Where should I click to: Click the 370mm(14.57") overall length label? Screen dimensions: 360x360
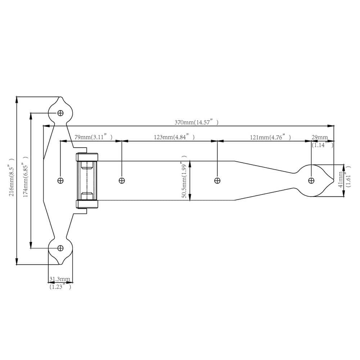(196, 122)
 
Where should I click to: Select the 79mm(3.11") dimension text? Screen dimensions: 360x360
(93, 137)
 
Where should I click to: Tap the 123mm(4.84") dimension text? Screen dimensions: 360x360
(174, 137)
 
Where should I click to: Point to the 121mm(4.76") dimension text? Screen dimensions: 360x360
(270, 137)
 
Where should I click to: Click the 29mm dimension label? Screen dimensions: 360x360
(320, 137)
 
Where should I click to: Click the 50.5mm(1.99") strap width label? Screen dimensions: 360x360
(185, 177)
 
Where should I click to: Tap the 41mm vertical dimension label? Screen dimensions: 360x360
(341, 180)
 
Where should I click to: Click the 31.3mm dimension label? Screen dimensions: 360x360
(60, 279)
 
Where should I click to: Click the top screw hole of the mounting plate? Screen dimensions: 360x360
(60, 113)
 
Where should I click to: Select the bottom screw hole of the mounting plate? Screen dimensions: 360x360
(60, 248)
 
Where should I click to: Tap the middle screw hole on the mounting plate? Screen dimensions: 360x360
(60, 180)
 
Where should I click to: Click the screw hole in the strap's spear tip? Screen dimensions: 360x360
(311, 180)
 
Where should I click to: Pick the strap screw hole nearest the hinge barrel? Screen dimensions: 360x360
(122, 180)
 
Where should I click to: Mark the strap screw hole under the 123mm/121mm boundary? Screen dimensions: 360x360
(217, 180)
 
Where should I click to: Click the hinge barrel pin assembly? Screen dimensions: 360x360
(87, 180)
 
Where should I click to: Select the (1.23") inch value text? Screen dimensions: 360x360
(60, 287)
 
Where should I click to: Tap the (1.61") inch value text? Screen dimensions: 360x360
(348, 180)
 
